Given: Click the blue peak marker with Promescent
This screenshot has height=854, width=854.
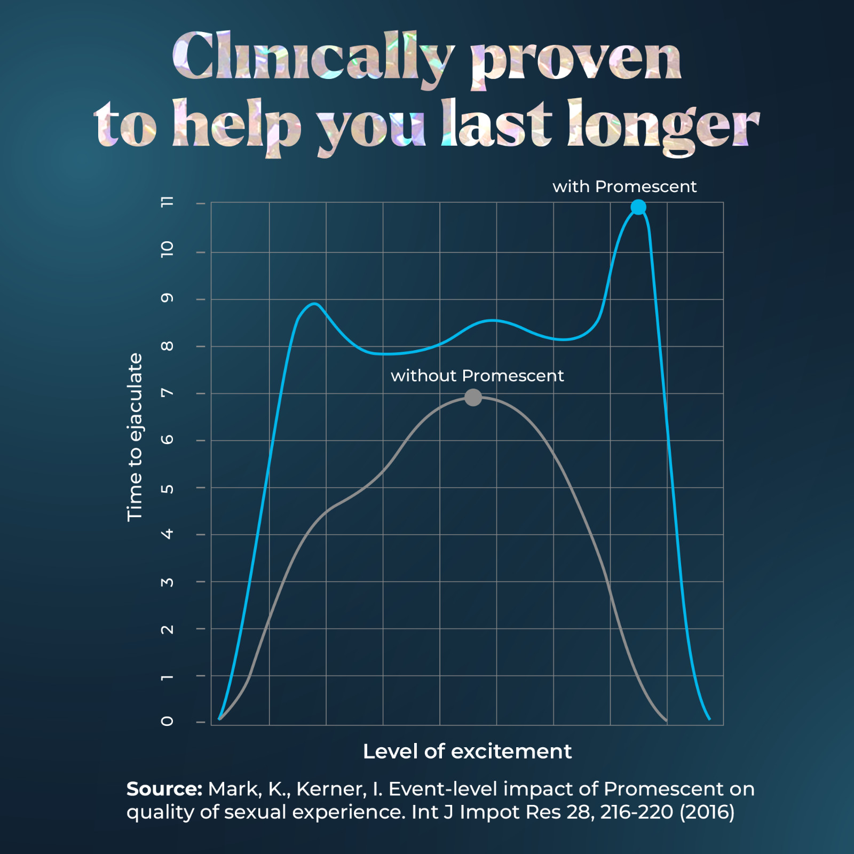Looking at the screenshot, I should tap(638, 207).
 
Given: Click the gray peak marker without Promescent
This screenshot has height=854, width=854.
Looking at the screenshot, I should tap(473, 397).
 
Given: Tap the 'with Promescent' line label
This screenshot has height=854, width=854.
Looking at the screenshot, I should tap(624, 187).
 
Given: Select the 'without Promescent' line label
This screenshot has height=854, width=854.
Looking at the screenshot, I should tap(477, 376).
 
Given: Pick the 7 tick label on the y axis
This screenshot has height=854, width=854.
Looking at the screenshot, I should tap(167, 393).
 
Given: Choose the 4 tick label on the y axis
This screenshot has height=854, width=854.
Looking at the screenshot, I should tap(167, 534).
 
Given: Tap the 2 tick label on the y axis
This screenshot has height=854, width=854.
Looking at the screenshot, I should tap(167, 629).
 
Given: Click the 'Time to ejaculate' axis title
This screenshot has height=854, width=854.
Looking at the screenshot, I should tap(135, 437).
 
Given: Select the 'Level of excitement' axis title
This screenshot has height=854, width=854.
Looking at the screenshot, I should tap(467, 752).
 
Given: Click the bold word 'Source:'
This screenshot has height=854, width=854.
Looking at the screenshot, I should tap(164, 789).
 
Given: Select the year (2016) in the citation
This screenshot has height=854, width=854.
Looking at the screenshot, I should tap(707, 812).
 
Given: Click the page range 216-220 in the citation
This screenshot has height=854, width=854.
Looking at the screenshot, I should tap(636, 812).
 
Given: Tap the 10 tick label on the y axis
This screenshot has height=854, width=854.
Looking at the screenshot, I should tap(167, 249).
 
